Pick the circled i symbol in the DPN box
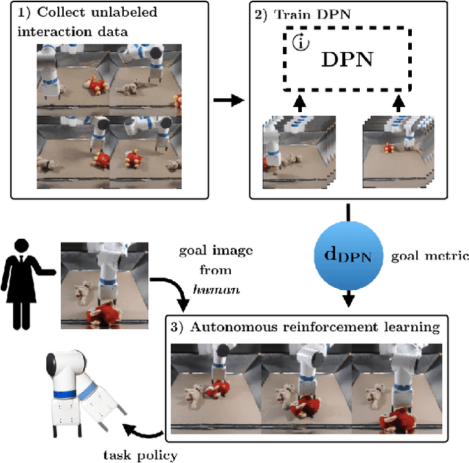[x=300, y=42]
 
